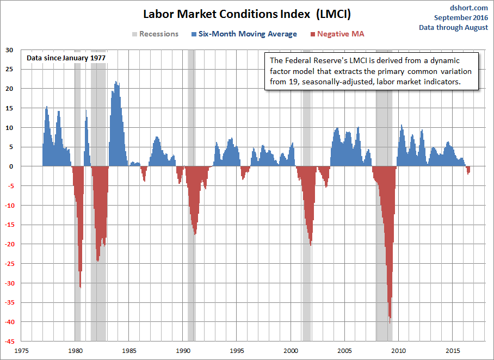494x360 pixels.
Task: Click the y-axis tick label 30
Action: coord(9,50)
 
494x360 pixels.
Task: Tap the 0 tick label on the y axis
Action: coord(11,166)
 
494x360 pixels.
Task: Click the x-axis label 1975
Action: coord(22,351)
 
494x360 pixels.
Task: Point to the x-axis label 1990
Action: coord(183,351)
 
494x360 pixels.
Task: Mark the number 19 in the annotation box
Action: coord(298,82)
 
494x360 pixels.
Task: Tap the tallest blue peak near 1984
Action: coord(116,83)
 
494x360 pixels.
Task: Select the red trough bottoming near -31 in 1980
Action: coord(80,286)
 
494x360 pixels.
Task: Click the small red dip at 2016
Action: coord(468,173)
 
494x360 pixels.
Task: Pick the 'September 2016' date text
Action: coord(461,17)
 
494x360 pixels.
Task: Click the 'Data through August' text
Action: coord(453,27)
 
